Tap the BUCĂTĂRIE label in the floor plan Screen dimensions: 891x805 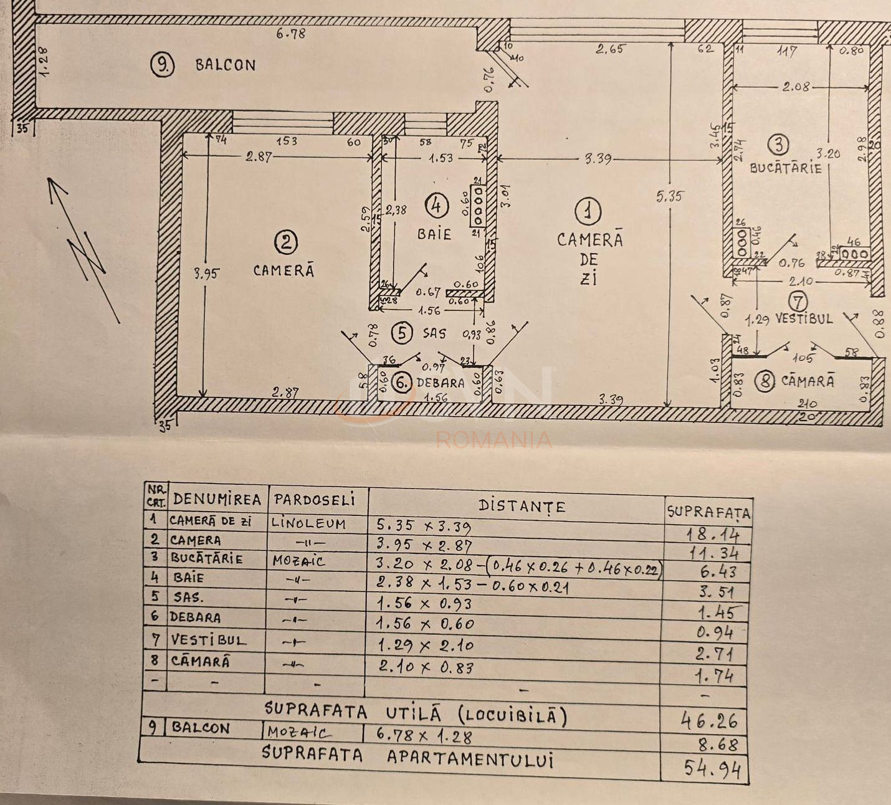click(x=786, y=168)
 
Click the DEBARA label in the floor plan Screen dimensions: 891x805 click(x=441, y=383)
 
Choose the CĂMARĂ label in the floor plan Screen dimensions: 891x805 click(x=808, y=381)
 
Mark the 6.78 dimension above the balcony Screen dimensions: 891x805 click(x=291, y=34)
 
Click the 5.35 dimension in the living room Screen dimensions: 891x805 click(x=669, y=196)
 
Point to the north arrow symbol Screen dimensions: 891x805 click(x=84, y=249)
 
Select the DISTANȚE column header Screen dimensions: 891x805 click(x=522, y=505)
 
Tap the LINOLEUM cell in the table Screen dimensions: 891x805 click(x=308, y=523)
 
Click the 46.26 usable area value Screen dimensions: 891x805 click(x=709, y=722)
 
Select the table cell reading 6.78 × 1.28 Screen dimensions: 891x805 click(x=424, y=736)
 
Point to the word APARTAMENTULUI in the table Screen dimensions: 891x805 click(x=470, y=758)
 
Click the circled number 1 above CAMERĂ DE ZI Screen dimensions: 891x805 click(x=587, y=212)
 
